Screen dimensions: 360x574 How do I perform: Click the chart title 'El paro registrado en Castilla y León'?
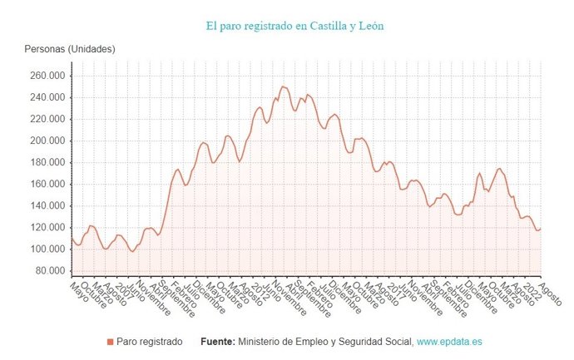tap(294, 26)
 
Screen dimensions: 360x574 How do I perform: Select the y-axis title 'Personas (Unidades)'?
tap(69, 49)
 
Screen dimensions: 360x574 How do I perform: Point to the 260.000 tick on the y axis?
tap(48, 76)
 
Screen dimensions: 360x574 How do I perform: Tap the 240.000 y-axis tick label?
tap(48, 97)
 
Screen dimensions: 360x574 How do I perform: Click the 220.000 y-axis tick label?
tap(48, 119)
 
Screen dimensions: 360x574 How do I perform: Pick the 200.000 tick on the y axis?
tap(48, 141)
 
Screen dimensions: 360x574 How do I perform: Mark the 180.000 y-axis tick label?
tap(48, 162)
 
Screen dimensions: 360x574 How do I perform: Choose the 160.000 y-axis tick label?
tap(48, 184)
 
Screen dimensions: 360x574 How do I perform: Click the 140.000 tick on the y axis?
tap(48, 205)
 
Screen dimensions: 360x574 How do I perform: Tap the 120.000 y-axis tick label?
tap(48, 227)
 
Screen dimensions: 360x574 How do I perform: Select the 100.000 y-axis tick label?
tap(48, 249)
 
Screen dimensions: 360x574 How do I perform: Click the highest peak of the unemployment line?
tap(283, 86)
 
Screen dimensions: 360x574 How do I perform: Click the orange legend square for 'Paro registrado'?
tap(111, 342)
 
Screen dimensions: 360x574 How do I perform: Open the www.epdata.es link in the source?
tap(450, 342)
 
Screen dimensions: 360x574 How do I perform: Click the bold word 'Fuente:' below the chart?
tap(218, 342)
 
